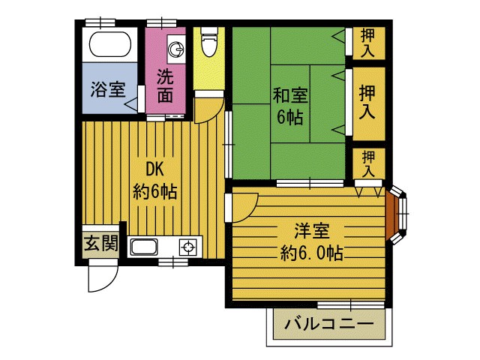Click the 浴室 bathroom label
click(108, 88)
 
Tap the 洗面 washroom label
click(165, 85)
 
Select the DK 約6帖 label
click(155, 180)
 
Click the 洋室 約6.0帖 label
click(311, 241)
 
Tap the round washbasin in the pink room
click(176, 49)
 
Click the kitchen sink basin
click(145, 247)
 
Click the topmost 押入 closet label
click(367, 42)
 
